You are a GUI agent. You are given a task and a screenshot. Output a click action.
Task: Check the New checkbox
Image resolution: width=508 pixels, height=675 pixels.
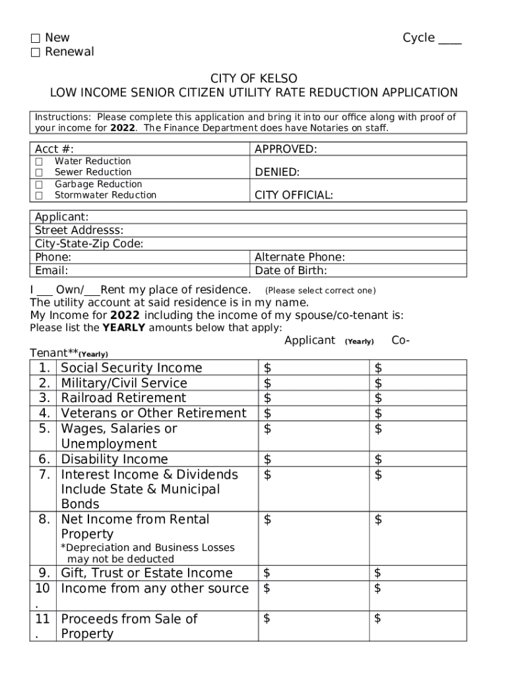click(35, 38)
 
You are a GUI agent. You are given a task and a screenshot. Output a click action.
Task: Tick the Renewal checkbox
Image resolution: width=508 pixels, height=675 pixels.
click(35, 52)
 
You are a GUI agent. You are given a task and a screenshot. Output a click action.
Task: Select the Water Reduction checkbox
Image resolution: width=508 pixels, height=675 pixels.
click(39, 161)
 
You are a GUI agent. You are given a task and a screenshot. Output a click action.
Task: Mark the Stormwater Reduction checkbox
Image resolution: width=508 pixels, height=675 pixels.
click(39, 196)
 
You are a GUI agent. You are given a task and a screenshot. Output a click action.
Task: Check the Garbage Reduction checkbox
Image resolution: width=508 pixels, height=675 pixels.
click(39, 185)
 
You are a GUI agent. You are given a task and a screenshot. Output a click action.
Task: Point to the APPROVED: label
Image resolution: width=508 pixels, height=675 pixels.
click(286, 150)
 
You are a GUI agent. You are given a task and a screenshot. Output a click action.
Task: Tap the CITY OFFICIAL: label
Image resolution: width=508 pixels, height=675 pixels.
click(294, 195)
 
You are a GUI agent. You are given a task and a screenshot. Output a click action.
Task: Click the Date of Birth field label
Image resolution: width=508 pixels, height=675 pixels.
click(290, 271)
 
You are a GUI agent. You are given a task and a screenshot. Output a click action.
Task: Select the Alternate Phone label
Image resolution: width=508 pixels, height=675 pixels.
click(300, 258)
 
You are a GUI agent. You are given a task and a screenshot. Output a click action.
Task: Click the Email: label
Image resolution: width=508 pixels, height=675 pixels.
click(51, 271)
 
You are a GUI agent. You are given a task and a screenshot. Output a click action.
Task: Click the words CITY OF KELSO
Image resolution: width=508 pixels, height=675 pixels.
click(254, 79)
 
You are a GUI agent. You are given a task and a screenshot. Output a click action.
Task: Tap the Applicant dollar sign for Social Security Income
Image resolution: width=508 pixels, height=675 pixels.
click(267, 368)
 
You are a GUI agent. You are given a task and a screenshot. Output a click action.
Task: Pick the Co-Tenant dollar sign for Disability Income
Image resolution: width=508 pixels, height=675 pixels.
click(378, 459)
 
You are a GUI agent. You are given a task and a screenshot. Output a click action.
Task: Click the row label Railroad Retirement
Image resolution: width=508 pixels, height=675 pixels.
click(123, 398)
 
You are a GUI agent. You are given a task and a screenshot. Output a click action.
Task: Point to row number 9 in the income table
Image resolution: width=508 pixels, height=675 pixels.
click(44, 573)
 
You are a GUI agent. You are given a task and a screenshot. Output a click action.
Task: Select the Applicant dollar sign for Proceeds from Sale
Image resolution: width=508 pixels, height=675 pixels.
click(267, 618)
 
